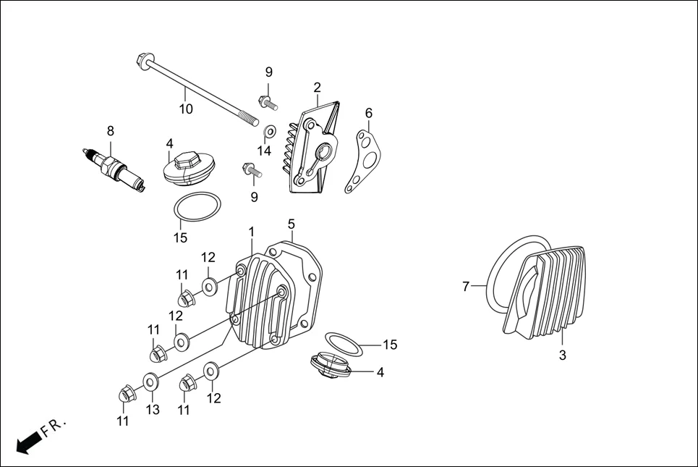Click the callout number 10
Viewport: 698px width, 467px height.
[x=186, y=109]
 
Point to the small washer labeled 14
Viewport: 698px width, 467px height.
[x=270, y=132]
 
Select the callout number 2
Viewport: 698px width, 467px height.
[x=317, y=88]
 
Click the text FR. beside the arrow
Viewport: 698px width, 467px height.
[x=54, y=426]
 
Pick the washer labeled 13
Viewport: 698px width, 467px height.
[x=150, y=379]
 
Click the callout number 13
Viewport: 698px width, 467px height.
[x=152, y=410]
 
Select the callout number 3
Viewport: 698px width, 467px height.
[x=563, y=355]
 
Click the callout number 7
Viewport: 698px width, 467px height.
[x=466, y=287]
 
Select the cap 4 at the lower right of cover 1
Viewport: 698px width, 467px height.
[x=329, y=365]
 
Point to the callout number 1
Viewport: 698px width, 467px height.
[x=251, y=232]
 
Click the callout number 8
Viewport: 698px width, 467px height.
[x=110, y=131]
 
